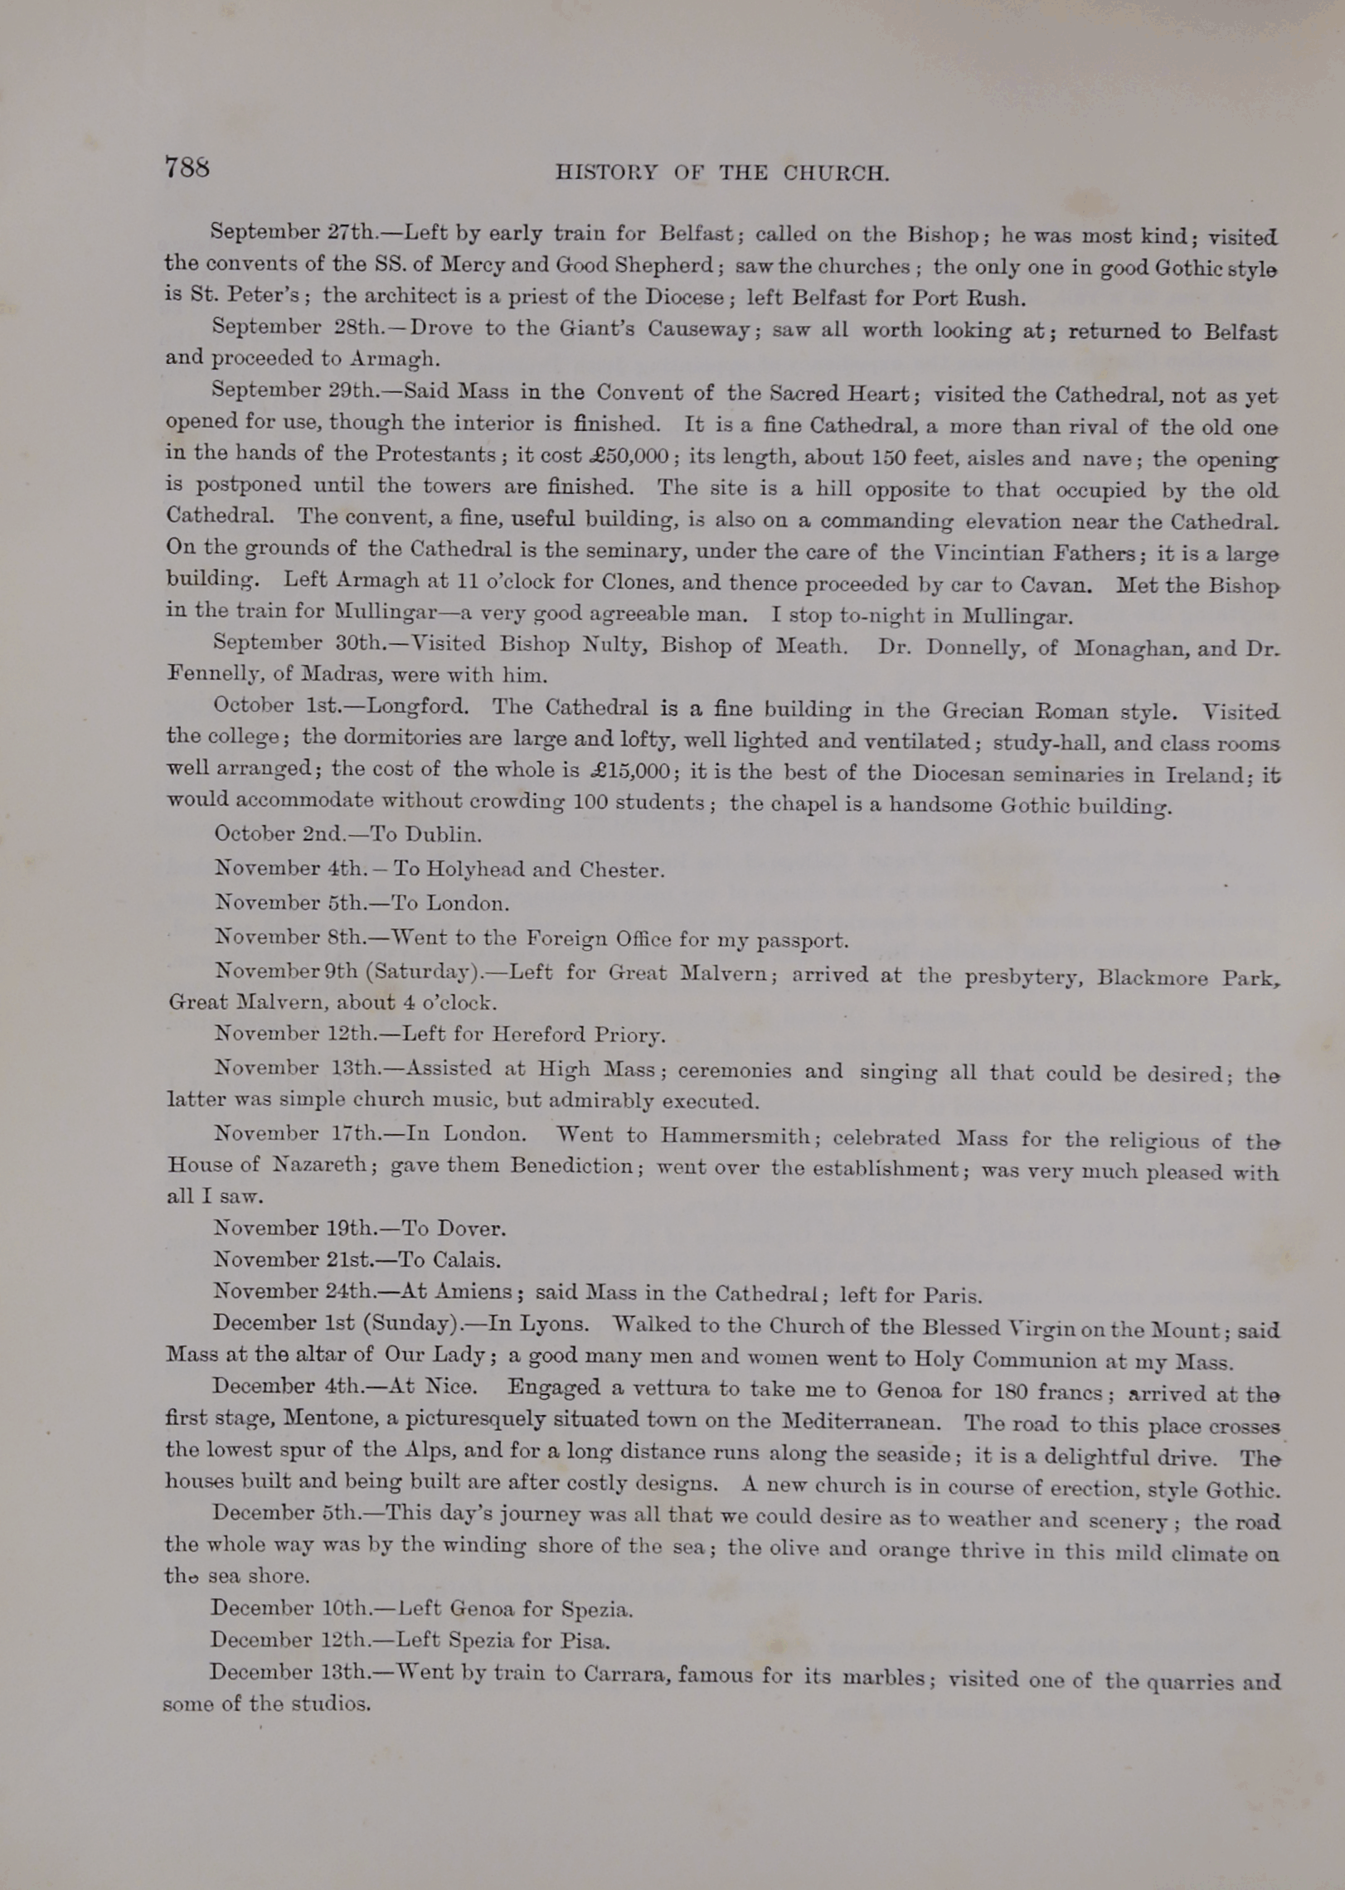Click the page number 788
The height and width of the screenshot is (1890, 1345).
187,167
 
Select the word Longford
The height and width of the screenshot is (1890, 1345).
418,707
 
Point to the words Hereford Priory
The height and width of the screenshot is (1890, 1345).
578,1035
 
